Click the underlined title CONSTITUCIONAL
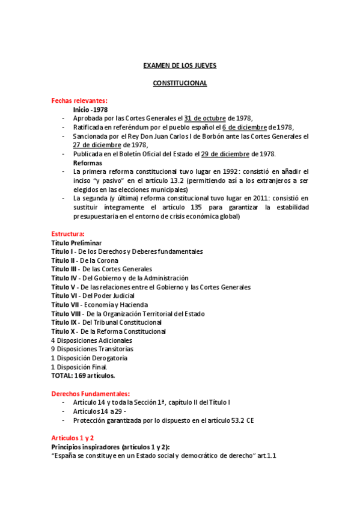coord(180,83)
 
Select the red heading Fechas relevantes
coord(79,100)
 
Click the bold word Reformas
coord(87,163)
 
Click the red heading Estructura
coord(68,233)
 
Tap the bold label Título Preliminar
coord(76,242)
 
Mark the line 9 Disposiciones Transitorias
coord(92,349)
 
